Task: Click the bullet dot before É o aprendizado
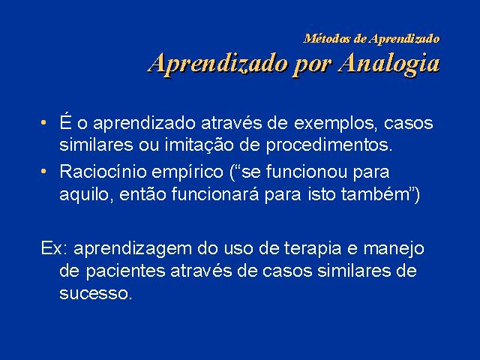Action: [43, 123]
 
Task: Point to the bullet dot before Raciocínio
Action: [43, 171]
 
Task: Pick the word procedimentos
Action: [329, 145]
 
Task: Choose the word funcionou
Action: [307, 172]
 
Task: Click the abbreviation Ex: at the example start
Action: [54, 248]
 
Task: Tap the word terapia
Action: [313, 249]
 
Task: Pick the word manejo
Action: [394, 249]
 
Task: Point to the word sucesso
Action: [95, 294]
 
